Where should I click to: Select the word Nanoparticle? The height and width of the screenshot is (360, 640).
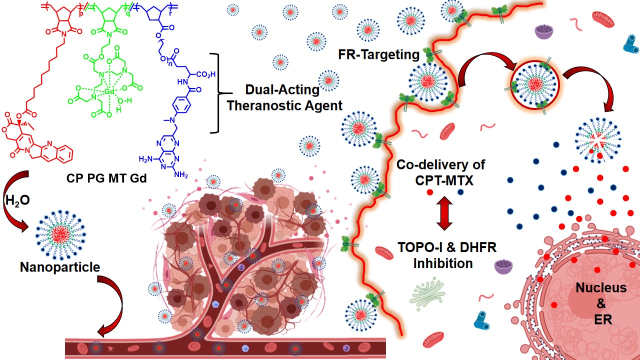(60, 267)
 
